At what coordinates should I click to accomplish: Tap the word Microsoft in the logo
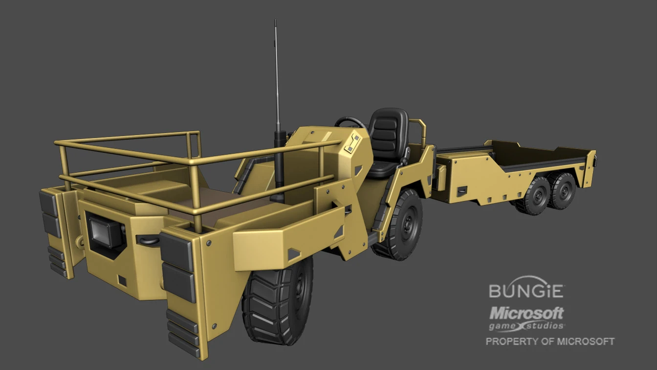coord(526,313)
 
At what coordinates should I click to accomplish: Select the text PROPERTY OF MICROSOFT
coord(549,341)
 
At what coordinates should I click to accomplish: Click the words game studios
coord(526,325)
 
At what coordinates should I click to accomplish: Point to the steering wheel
coord(349,123)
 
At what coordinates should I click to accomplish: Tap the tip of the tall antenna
coord(275,22)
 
